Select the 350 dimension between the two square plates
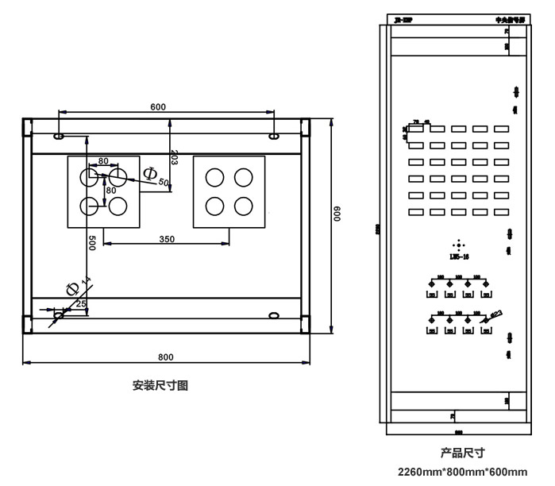pos(167,238)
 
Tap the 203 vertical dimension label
pos(173,157)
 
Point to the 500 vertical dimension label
pos(92,243)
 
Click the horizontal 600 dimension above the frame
pos(158,107)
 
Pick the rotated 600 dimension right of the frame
pos(337,215)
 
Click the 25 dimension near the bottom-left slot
pos(81,303)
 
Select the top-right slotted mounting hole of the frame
pos(273,137)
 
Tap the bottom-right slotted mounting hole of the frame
pos(273,315)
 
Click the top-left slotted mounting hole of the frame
pos(59,137)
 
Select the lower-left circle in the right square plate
pos(214,206)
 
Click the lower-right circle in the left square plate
pos(118,205)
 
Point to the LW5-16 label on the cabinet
pos(458,256)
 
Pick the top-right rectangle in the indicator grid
pos(501,129)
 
